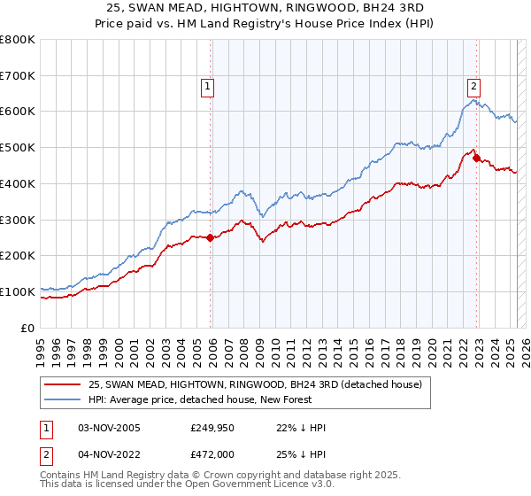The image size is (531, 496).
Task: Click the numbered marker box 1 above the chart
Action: click(207, 87)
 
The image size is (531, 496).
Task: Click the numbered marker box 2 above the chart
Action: click(473, 87)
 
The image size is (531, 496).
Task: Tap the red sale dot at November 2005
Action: click(211, 237)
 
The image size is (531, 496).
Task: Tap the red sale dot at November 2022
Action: click(476, 159)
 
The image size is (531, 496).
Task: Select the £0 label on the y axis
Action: click(28, 328)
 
